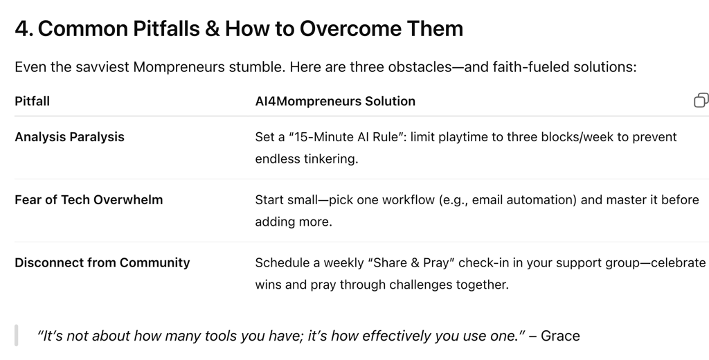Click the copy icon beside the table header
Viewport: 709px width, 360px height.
click(x=701, y=100)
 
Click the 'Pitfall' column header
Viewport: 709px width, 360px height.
click(x=32, y=101)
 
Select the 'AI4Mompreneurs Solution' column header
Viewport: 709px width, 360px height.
click(x=335, y=101)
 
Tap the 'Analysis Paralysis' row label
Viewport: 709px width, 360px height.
click(x=70, y=137)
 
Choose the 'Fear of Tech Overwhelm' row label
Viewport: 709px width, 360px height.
click(x=89, y=200)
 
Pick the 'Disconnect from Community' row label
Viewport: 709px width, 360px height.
click(x=102, y=263)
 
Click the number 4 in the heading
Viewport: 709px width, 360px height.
click(x=21, y=28)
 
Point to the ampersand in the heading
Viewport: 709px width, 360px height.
click(x=212, y=28)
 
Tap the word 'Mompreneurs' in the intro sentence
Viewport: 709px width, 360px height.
click(x=179, y=67)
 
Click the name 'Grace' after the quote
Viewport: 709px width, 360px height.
click(x=560, y=336)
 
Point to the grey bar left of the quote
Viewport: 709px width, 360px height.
click(x=17, y=336)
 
